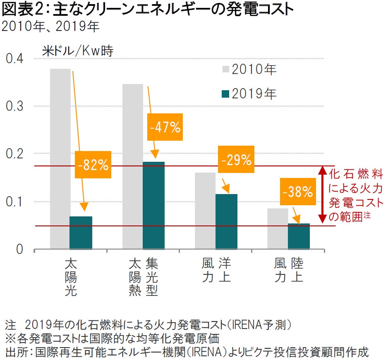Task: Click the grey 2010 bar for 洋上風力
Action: pos(205,211)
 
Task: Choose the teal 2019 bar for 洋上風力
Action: pos(226,222)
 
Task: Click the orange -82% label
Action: pos(93,165)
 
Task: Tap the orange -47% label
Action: pos(165,127)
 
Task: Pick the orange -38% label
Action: pos(298,192)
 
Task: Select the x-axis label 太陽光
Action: pos(71,277)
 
